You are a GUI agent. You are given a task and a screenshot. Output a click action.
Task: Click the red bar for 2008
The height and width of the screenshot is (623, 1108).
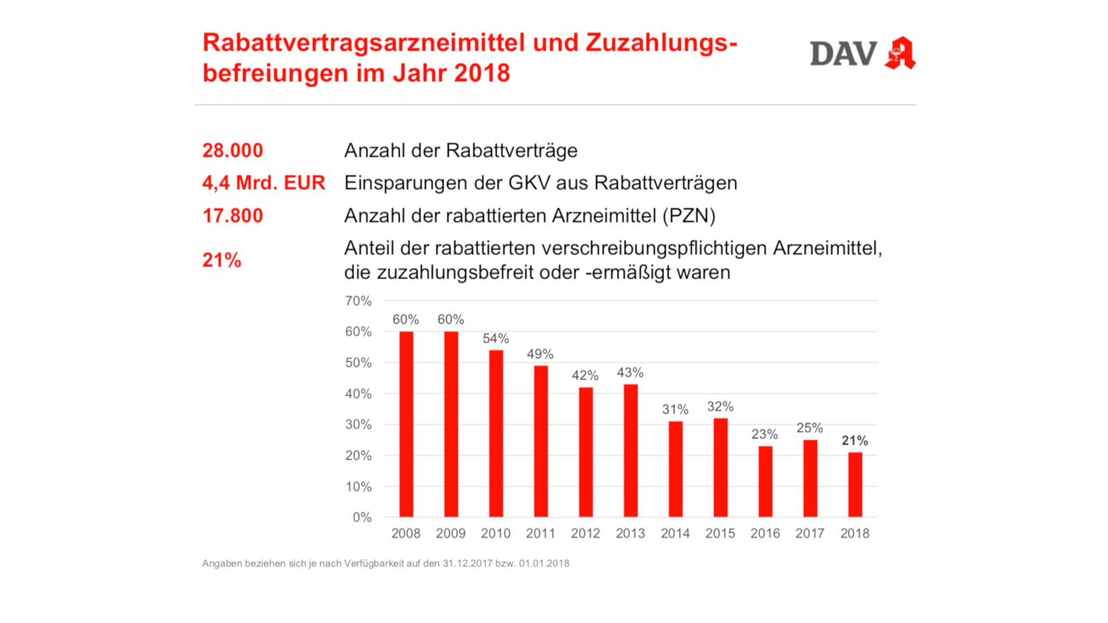point(406,424)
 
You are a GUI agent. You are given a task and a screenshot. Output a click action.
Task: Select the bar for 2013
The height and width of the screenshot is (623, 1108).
point(630,450)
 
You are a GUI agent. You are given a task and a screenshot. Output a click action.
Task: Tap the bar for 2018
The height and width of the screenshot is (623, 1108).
point(855,484)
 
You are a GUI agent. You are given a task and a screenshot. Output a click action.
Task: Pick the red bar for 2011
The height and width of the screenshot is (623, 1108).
point(541,441)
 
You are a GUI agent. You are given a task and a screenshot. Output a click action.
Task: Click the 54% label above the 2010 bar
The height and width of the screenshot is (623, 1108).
point(496,338)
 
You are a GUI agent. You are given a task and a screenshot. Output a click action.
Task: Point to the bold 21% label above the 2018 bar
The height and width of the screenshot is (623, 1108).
point(855,440)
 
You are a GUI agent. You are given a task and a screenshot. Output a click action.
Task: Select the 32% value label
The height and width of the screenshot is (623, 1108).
point(720,406)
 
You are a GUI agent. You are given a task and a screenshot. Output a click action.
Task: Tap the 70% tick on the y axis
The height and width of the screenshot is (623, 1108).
point(358,301)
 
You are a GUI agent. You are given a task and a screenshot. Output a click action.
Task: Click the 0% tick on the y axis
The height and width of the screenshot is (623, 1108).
point(361,517)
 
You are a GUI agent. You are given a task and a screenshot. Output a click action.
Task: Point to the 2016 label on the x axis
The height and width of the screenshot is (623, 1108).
point(765,533)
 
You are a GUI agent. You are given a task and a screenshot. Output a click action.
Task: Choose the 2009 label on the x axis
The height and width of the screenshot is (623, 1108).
point(451,533)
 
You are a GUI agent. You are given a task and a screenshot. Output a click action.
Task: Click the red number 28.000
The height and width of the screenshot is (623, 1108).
point(233,150)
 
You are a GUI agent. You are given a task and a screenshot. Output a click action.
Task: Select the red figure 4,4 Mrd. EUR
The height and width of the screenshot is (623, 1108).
point(263,183)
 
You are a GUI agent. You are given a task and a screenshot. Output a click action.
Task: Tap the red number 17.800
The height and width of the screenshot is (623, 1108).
point(233,215)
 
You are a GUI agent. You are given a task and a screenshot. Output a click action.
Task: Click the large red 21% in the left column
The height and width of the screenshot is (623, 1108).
point(222,260)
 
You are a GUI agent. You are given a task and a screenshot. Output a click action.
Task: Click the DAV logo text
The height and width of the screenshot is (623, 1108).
point(843,54)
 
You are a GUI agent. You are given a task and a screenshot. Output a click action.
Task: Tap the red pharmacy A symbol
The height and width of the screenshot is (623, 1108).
point(900,53)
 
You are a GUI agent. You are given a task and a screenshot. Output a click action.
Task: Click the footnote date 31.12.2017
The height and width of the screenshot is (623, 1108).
point(467,563)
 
